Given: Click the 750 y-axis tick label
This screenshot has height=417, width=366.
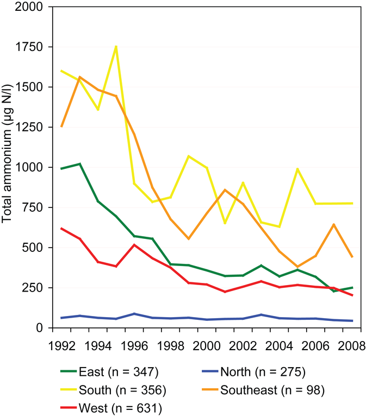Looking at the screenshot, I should coord(33,207).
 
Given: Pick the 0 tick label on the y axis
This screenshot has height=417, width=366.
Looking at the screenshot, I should coord(40,328).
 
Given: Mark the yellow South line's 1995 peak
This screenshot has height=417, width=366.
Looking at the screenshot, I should coord(116,47).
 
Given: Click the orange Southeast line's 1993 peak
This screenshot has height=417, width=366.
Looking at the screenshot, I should coord(80,77).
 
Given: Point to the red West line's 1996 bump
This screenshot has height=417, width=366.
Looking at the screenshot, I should coord(134,245).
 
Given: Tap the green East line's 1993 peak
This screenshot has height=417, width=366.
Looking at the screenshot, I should coord(80,163).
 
